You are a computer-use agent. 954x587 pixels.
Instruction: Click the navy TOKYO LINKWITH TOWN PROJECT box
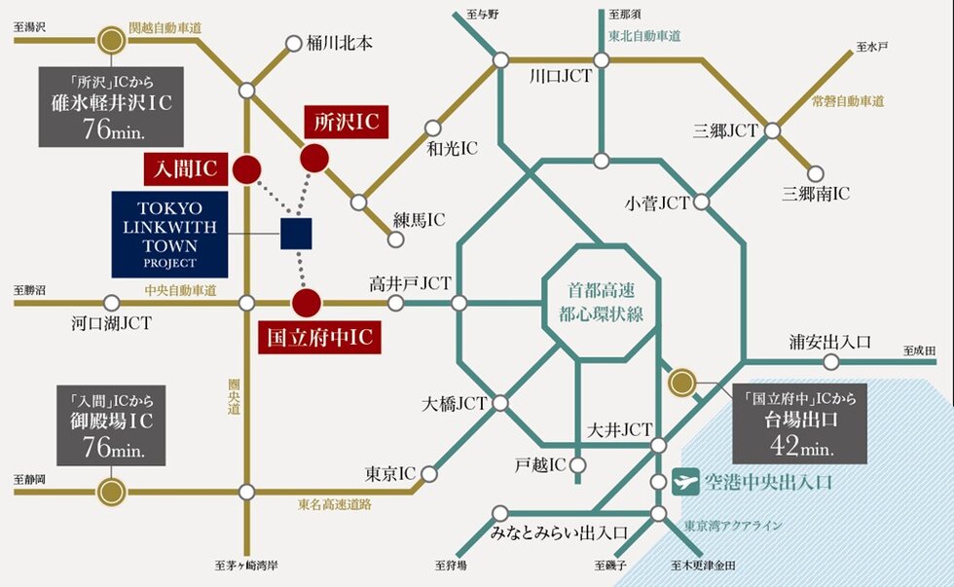click(x=169, y=235)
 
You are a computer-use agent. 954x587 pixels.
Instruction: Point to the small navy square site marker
click(x=296, y=234)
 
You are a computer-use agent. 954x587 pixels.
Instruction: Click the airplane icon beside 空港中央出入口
click(x=686, y=480)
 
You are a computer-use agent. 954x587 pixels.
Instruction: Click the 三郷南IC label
click(x=816, y=195)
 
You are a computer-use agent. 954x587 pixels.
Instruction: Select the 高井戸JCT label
click(x=410, y=283)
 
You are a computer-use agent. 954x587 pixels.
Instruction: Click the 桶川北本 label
click(x=340, y=43)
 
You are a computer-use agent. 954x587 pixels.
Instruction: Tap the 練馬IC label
click(x=419, y=220)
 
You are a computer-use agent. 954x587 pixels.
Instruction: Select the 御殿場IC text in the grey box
click(x=110, y=423)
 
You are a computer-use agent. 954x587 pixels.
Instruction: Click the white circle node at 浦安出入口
click(x=831, y=362)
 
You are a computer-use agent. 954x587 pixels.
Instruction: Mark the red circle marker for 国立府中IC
click(x=307, y=302)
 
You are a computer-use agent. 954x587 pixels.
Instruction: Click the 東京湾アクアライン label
click(x=733, y=526)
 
